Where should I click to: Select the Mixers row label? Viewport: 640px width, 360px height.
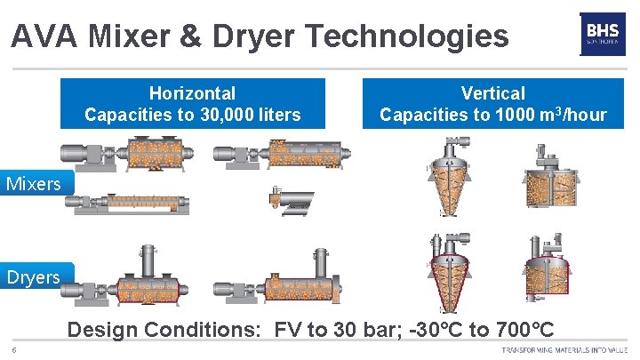[33, 184]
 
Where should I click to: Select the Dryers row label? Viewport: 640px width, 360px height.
[33, 276]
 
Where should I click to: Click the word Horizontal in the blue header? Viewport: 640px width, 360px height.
[192, 93]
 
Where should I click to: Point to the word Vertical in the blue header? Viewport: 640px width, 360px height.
[492, 93]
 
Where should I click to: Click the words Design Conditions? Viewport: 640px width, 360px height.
[164, 331]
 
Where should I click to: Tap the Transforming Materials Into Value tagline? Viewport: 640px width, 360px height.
[565, 349]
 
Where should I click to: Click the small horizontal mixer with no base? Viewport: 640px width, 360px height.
[291, 203]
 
